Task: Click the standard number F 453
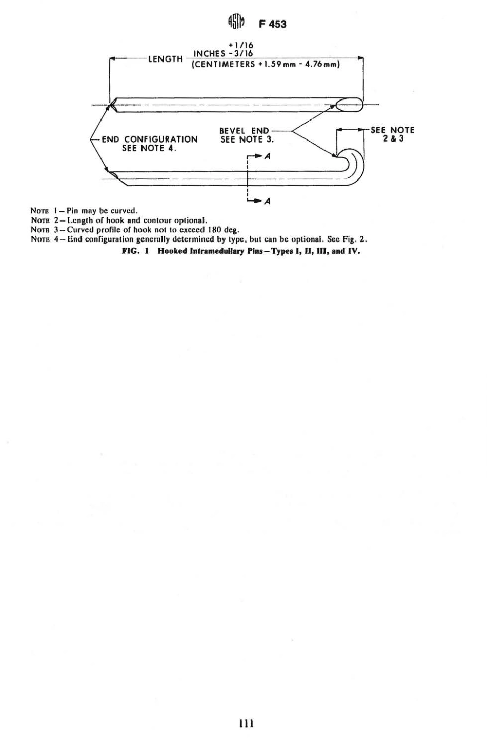tap(272, 24)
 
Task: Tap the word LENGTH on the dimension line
tap(166, 59)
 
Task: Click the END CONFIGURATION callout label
tap(149, 139)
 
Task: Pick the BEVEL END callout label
tap(245, 131)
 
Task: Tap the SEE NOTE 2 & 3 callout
tap(393, 134)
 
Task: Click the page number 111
tap(246, 724)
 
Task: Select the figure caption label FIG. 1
tap(135, 251)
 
